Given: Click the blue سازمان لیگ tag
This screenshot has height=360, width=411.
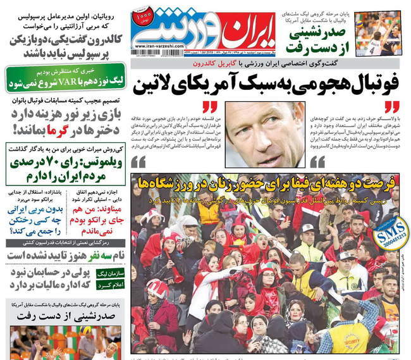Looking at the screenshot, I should [x=113, y=271].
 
